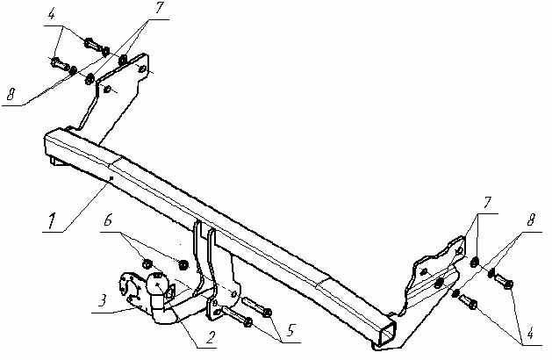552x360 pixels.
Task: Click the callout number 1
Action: point(52,221)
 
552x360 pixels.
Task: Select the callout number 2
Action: point(210,338)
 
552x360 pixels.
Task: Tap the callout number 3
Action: point(102,301)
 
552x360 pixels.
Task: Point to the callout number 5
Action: point(290,330)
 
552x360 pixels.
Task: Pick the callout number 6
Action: point(108,221)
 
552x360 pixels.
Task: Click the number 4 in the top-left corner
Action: point(52,15)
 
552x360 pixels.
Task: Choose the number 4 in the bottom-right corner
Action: point(530,334)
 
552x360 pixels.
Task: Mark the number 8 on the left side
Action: point(11,94)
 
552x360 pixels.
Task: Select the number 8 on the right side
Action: point(531,220)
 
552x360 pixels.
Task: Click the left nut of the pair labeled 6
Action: point(147,263)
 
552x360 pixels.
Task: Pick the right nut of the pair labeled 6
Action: point(183,264)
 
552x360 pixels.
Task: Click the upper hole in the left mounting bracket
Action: point(142,69)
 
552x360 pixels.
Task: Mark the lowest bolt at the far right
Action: point(468,301)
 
